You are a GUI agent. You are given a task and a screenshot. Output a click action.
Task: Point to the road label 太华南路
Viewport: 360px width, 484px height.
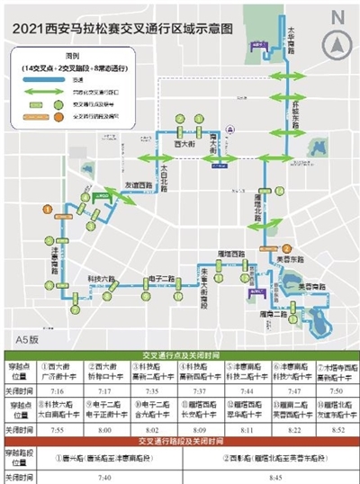click(292, 40)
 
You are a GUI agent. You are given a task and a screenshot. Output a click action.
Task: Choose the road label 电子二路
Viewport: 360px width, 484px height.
click(166, 279)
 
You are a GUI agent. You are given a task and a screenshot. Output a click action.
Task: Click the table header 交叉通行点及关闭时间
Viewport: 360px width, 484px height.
click(179, 352)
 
